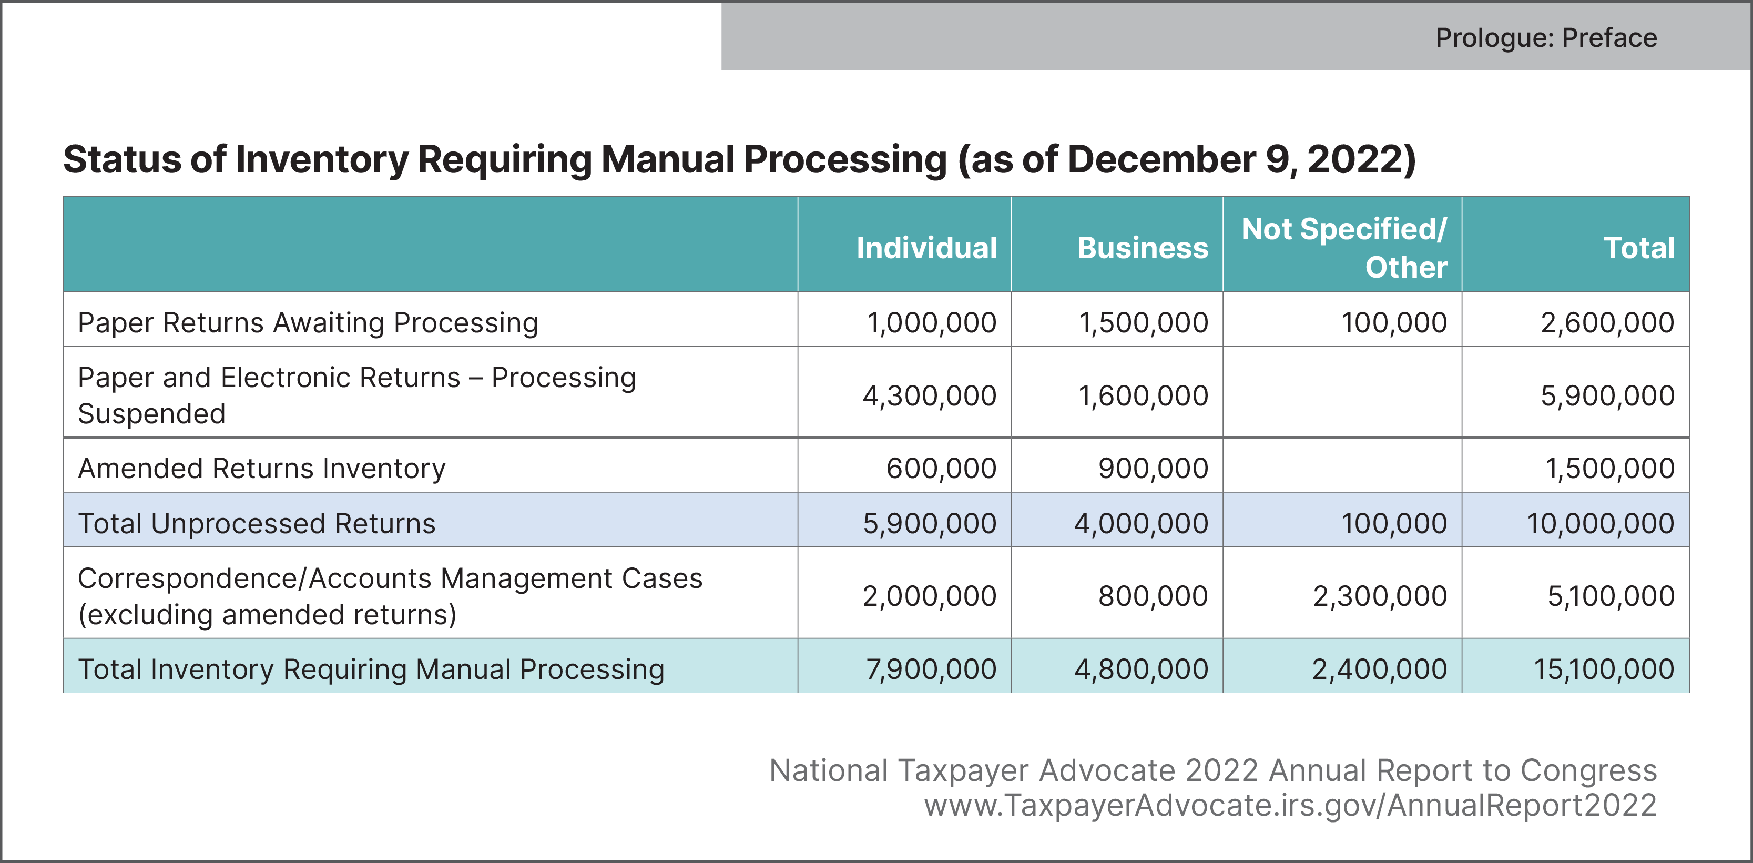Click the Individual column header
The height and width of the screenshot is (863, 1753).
(x=926, y=248)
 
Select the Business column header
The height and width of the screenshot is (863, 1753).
(x=1142, y=248)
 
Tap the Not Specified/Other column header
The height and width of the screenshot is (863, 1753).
(x=1344, y=248)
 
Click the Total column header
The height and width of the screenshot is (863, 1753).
(x=1639, y=248)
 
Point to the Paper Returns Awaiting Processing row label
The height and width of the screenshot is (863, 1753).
(x=308, y=322)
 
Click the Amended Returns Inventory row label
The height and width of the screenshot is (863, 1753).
(x=261, y=468)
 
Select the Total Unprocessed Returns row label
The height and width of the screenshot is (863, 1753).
(x=257, y=523)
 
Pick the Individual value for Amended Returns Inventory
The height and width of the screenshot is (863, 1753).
(x=941, y=468)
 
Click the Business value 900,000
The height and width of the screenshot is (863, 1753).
(x=1153, y=468)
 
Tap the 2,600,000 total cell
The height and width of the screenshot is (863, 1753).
(x=1607, y=322)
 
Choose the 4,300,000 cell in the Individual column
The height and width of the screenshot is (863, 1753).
(x=930, y=395)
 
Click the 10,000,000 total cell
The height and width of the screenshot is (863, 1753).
(x=1600, y=523)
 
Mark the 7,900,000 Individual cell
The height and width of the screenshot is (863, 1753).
(x=931, y=669)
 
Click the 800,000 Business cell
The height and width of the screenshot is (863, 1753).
(x=1153, y=596)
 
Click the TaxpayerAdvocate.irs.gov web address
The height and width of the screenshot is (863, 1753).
(x=1290, y=805)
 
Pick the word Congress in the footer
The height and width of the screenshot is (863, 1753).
(x=1588, y=770)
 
